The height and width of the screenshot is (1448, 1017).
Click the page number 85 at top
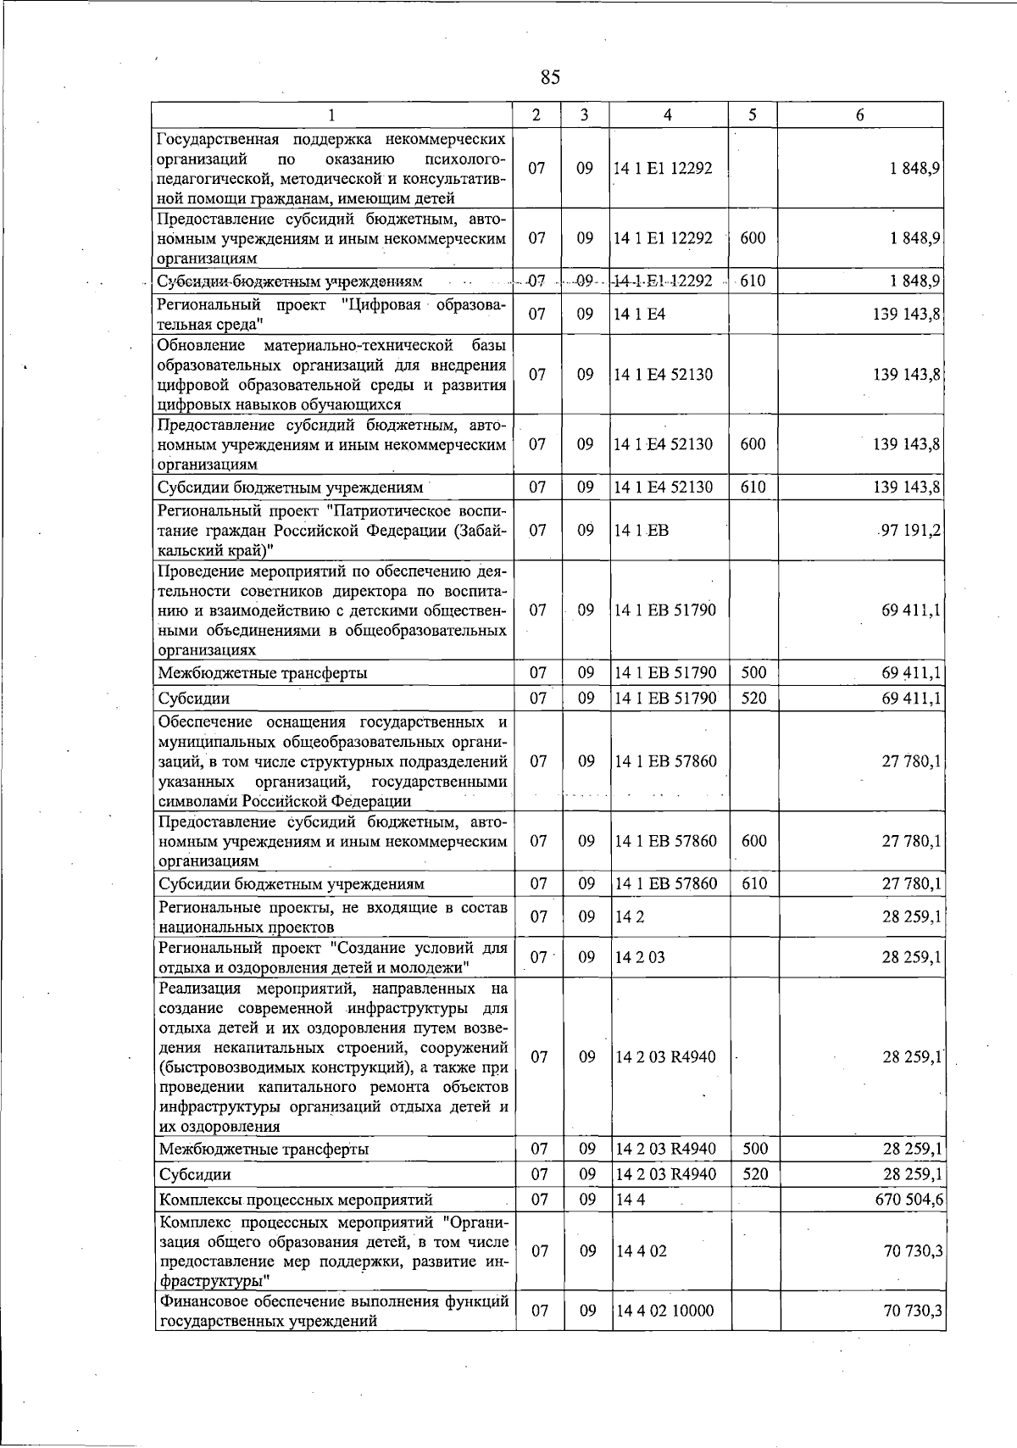(549, 77)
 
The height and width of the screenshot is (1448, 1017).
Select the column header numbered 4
(668, 115)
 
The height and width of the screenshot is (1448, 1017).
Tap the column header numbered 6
(859, 115)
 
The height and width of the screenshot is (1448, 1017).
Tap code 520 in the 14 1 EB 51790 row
(753, 698)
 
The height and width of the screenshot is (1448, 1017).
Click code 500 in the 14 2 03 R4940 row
(753, 1150)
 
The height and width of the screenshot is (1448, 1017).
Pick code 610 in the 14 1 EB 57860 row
(753, 883)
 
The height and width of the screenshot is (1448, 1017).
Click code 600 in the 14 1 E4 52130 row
(753, 444)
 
